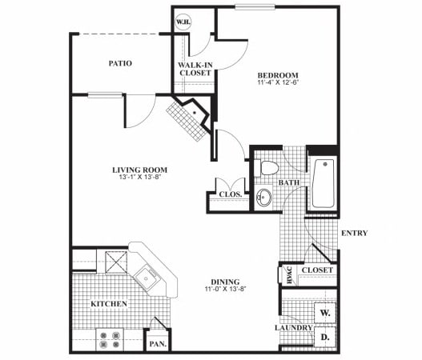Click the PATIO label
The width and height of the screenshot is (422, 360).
pos(119,63)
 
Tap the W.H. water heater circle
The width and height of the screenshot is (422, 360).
pos(183,22)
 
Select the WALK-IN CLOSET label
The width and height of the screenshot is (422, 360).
pos(195,68)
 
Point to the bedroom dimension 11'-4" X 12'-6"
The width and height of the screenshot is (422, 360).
pos(272,82)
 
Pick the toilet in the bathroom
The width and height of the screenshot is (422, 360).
pos(268,166)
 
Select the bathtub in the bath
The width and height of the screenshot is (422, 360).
pos(322,183)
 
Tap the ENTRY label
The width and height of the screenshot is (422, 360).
pos(353,234)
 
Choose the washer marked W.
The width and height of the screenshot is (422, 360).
pos(325,313)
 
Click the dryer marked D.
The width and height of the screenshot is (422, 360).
pos(325,338)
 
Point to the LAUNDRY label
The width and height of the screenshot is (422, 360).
pos(291,329)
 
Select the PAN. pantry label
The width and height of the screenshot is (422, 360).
pos(155,344)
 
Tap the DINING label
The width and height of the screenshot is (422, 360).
pos(225,282)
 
